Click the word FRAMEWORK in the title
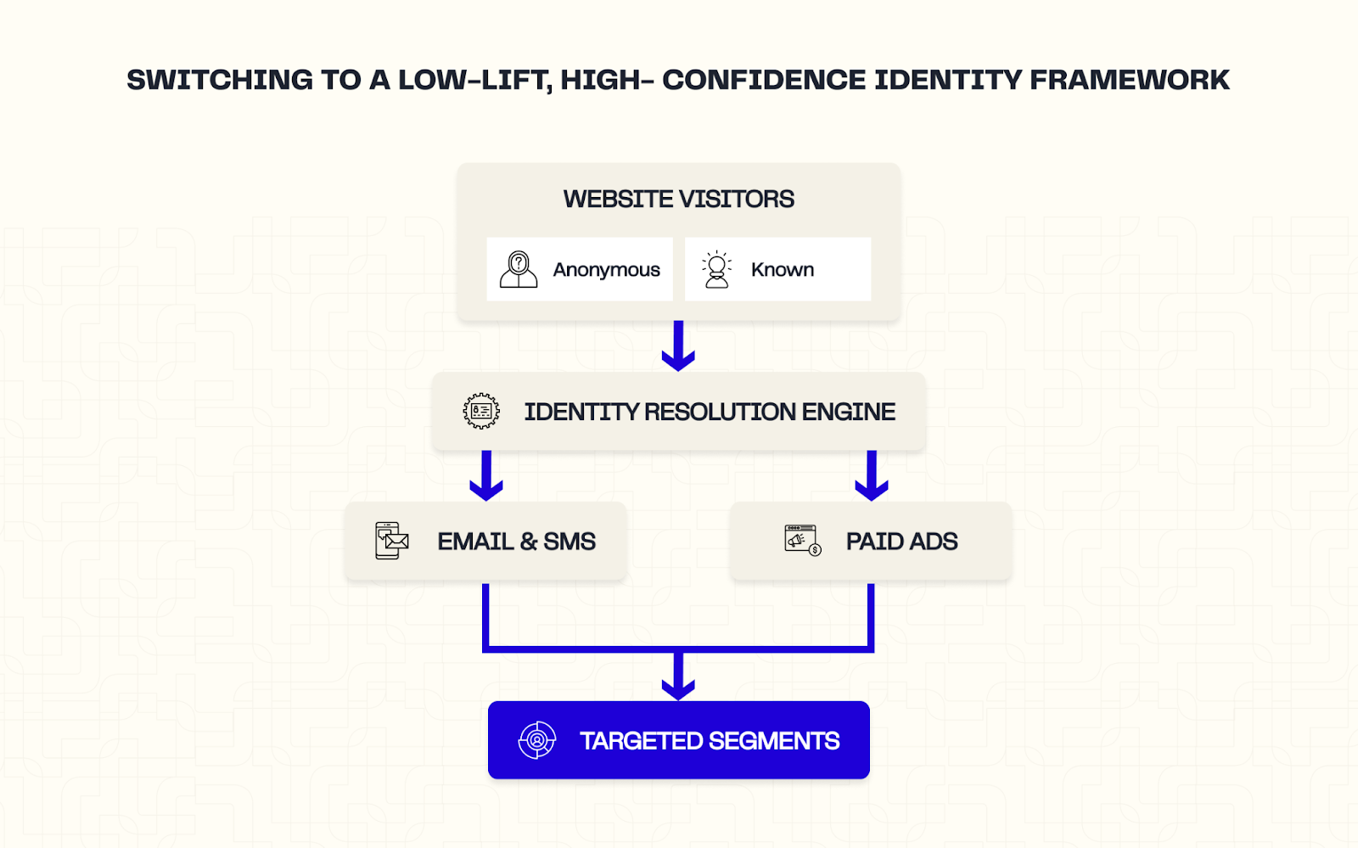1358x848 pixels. point(1129,80)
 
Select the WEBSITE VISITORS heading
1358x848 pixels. point(678,199)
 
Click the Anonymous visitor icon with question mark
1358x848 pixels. point(519,269)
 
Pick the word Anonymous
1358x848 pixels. point(606,270)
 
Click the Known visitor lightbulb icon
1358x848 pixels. point(717,269)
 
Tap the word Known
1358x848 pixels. point(782,270)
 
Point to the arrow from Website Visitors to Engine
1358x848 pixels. point(678,345)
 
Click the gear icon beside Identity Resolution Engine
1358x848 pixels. point(481,412)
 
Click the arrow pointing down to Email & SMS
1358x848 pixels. point(486,476)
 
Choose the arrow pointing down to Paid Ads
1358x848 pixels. point(872,476)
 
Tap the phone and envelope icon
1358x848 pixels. point(391,541)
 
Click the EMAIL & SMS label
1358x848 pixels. point(516,542)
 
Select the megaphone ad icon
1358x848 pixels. point(802,540)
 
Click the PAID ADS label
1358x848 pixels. point(901,542)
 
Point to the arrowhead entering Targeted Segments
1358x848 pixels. point(678,686)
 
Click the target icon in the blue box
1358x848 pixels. point(537,740)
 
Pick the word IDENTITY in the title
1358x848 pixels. point(947,80)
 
